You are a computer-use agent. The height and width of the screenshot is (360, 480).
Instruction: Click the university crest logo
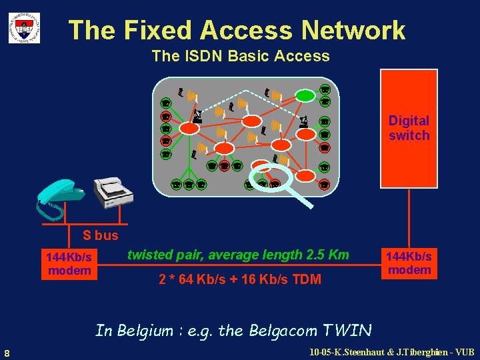[x=24, y=28]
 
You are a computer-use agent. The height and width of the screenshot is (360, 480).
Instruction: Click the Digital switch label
[x=409, y=128]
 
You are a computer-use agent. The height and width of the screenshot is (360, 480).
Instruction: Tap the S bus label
[x=100, y=235]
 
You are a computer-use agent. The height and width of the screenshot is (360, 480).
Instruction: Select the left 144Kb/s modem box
[x=69, y=263]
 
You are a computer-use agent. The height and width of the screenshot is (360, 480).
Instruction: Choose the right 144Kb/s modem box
[x=409, y=263]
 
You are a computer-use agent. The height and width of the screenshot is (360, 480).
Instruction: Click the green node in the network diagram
[x=306, y=95]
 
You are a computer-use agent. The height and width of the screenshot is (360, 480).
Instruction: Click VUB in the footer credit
[x=463, y=352]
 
